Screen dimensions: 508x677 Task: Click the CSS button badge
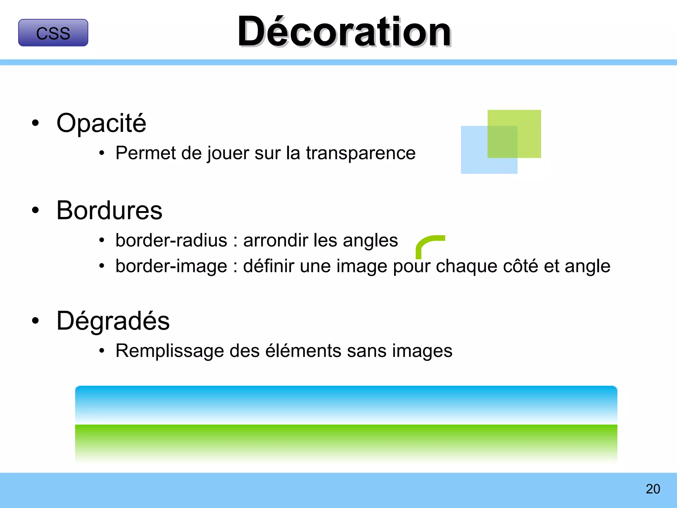(53, 33)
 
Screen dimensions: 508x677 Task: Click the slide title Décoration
(344, 32)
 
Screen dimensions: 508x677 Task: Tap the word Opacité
(101, 123)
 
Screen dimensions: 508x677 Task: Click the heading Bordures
(109, 210)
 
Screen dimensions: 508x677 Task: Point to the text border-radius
(171, 240)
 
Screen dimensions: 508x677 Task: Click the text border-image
(171, 266)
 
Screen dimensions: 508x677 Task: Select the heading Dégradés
(113, 321)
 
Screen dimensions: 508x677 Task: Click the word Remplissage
(170, 351)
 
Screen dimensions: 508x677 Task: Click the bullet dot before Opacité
(35, 123)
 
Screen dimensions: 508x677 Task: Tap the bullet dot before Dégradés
(35, 320)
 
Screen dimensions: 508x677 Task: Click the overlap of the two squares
(502, 142)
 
